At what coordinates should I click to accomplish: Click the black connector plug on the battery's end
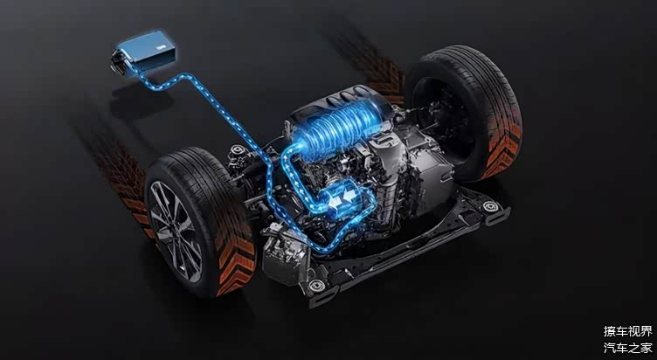pos(120,62)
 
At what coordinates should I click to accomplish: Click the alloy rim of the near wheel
pos(176,232)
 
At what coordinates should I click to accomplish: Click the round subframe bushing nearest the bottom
pos(316,286)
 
